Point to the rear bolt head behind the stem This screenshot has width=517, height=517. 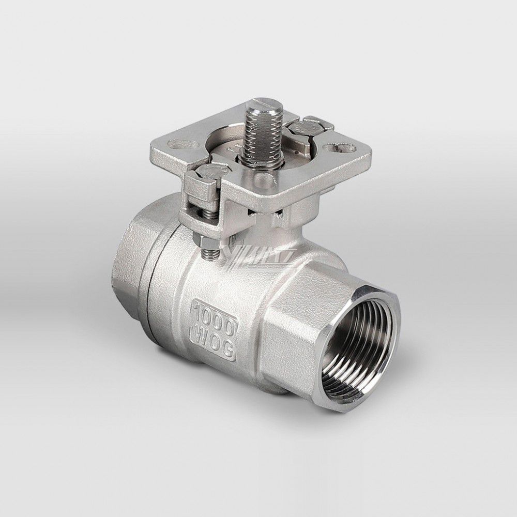pyautogui.click(x=306, y=126)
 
